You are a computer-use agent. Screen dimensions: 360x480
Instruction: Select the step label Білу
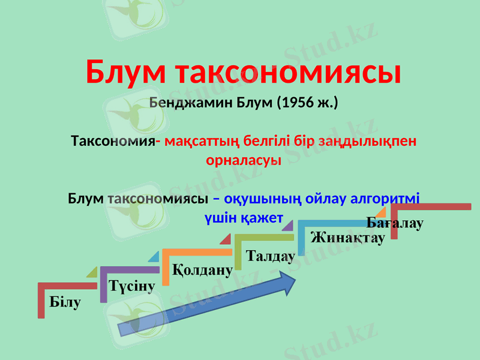64,301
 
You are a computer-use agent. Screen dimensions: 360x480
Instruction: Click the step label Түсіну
132,284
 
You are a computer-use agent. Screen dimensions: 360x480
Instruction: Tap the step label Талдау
271,256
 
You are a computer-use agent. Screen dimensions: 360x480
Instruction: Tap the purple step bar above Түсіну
129,270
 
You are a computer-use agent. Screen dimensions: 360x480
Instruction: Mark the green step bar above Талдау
264,238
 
